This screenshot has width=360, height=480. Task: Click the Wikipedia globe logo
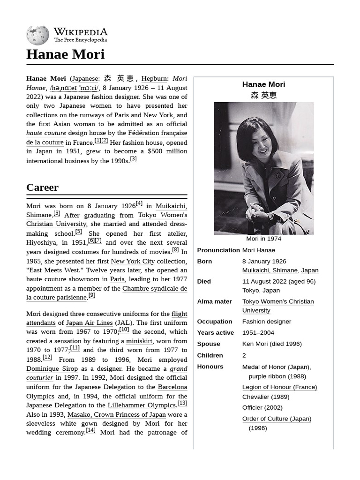[37, 35]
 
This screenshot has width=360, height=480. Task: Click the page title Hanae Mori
[65, 54]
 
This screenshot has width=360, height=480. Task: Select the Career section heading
[42, 187]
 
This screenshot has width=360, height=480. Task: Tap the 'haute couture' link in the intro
[46, 133]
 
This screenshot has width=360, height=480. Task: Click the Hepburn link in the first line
[154, 79]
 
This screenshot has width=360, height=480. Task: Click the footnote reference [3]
[133, 159]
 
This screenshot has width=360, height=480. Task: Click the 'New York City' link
[133, 261]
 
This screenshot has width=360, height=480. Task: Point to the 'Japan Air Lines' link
[89, 323]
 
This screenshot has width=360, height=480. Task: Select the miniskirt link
[139, 341]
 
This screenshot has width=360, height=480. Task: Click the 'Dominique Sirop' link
[52, 369]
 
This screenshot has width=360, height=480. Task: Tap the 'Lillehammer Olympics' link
[142, 405]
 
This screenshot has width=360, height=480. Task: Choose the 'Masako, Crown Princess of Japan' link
[116, 414]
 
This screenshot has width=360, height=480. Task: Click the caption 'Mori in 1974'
[263, 239]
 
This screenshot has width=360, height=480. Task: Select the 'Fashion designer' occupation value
[266, 322]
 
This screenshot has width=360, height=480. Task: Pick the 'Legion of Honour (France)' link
[279, 387]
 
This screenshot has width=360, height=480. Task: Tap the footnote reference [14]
[90, 430]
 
